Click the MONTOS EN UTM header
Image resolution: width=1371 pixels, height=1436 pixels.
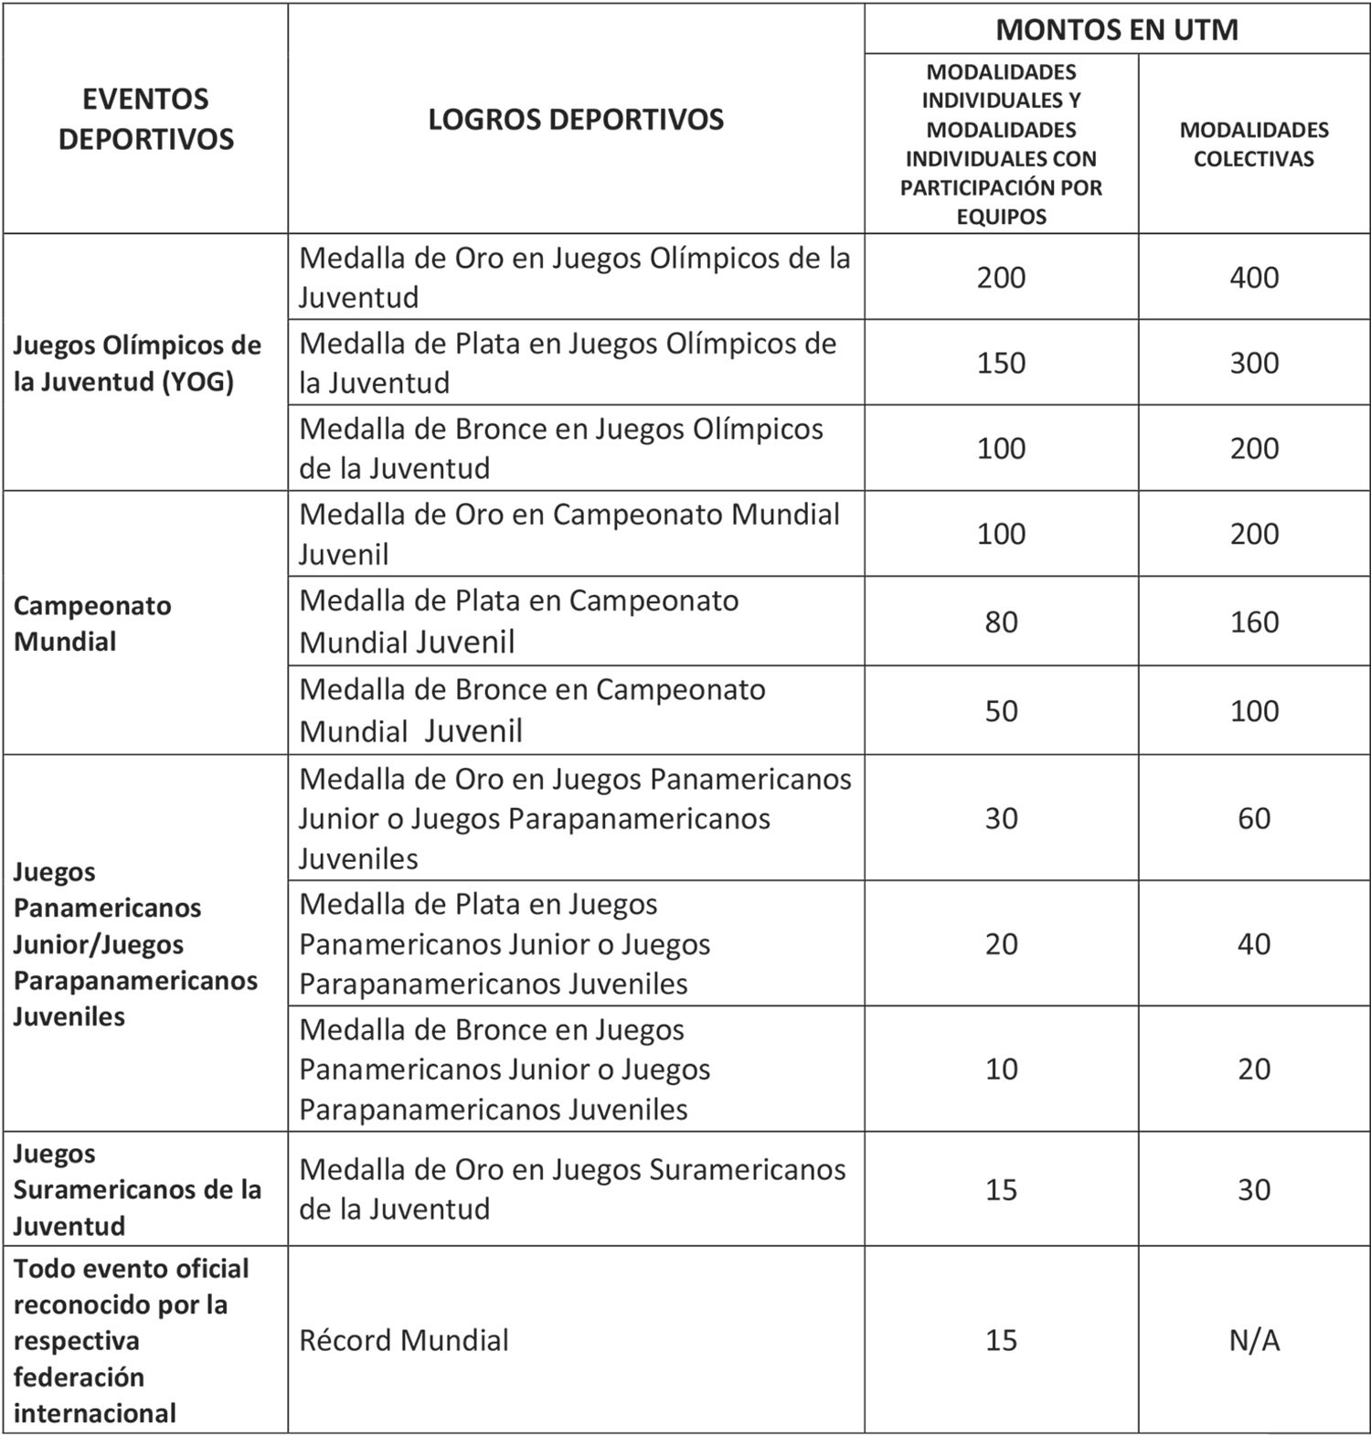point(1116,30)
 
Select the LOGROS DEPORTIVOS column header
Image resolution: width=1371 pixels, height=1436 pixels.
point(576,120)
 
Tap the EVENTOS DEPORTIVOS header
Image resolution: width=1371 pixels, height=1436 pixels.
point(146,119)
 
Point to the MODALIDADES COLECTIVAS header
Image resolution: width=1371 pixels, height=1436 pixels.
point(1253,144)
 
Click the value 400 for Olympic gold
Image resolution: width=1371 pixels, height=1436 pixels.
point(1253,278)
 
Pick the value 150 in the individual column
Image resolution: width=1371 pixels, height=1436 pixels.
point(1001,363)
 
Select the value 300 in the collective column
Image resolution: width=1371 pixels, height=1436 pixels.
point(1253,363)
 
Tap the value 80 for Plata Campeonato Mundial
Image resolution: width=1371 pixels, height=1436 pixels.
point(1001,622)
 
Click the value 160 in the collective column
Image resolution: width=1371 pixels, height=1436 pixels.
point(1253,622)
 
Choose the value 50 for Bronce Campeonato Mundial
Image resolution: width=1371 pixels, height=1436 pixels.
point(1001,711)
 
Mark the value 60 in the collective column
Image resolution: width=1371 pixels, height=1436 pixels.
point(1253,818)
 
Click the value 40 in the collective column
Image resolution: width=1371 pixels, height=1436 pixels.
point(1253,943)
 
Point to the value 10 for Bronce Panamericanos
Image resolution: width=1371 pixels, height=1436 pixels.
point(1001,1069)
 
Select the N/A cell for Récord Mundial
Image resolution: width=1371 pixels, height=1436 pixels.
point(1253,1340)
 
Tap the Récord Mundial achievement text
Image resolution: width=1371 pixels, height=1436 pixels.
point(403,1340)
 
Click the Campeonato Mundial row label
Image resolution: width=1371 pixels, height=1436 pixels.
point(92,623)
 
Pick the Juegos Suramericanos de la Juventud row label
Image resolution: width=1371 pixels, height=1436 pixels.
point(137,1189)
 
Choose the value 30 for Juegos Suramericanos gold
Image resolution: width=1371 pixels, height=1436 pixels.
point(1253,1189)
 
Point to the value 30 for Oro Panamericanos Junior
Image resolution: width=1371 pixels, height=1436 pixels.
point(1001,818)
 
